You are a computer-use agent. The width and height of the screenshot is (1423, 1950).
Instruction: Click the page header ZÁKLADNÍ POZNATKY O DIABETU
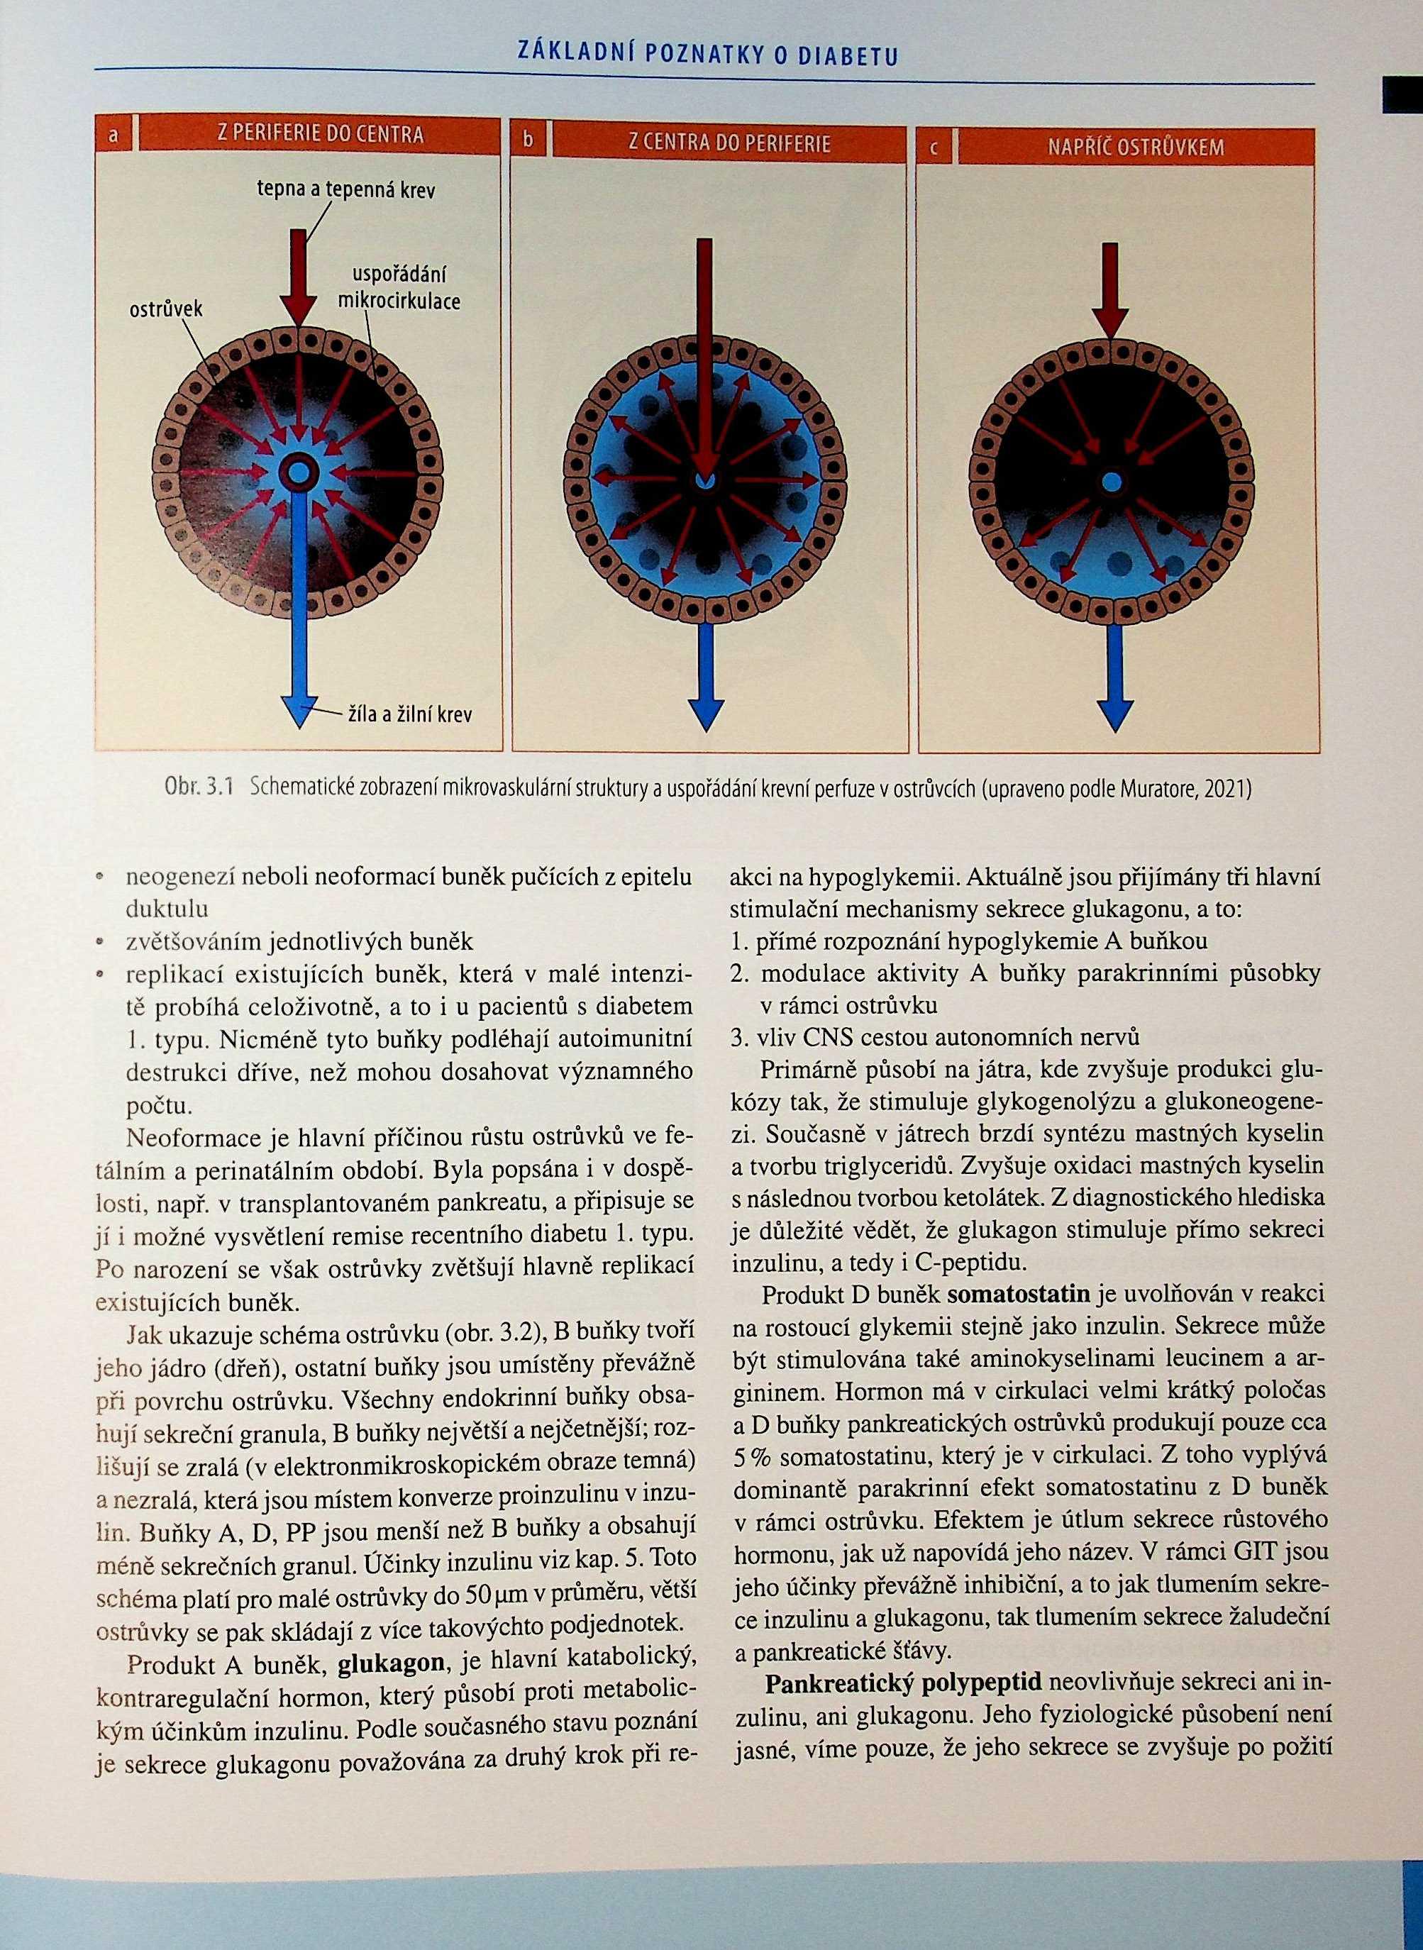(x=707, y=55)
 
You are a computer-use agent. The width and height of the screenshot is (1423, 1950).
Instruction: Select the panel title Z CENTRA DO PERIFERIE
(x=729, y=141)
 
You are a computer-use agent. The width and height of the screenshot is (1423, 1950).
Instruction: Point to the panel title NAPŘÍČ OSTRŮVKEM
(x=1135, y=146)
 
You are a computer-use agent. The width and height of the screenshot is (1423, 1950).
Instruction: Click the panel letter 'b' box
(x=528, y=140)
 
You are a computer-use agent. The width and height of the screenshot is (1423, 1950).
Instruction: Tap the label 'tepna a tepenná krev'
(x=346, y=189)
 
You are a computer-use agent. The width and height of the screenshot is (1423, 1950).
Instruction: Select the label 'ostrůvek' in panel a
(x=165, y=309)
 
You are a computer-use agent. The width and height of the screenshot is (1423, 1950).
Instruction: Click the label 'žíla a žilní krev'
(x=409, y=714)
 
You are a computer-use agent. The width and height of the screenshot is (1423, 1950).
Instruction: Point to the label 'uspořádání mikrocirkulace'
(x=398, y=288)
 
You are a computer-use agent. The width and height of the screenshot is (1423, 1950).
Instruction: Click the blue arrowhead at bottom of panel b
(x=704, y=713)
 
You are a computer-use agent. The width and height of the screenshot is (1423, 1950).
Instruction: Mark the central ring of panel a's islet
(x=299, y=471)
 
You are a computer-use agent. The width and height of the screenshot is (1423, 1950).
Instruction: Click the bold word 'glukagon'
(x=391, y=1661)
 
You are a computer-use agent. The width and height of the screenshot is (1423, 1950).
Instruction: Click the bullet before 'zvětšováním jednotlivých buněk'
(x=102, y=941)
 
